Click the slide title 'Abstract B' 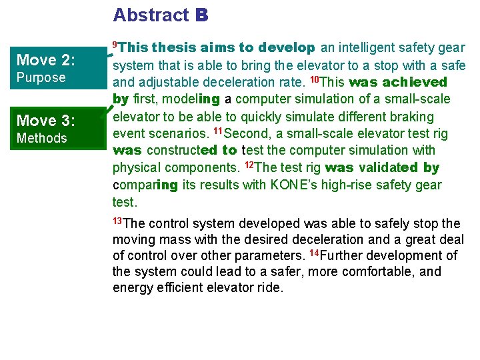pos(161,15)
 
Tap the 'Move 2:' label pos(45,60)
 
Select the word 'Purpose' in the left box pos(41,77)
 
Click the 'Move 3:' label pos(45,121)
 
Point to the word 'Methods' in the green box pos(41,138)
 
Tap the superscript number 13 pos(117,220)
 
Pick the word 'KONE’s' pos(293,185)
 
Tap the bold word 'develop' pos(287,48)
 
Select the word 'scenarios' pos(175,134)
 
